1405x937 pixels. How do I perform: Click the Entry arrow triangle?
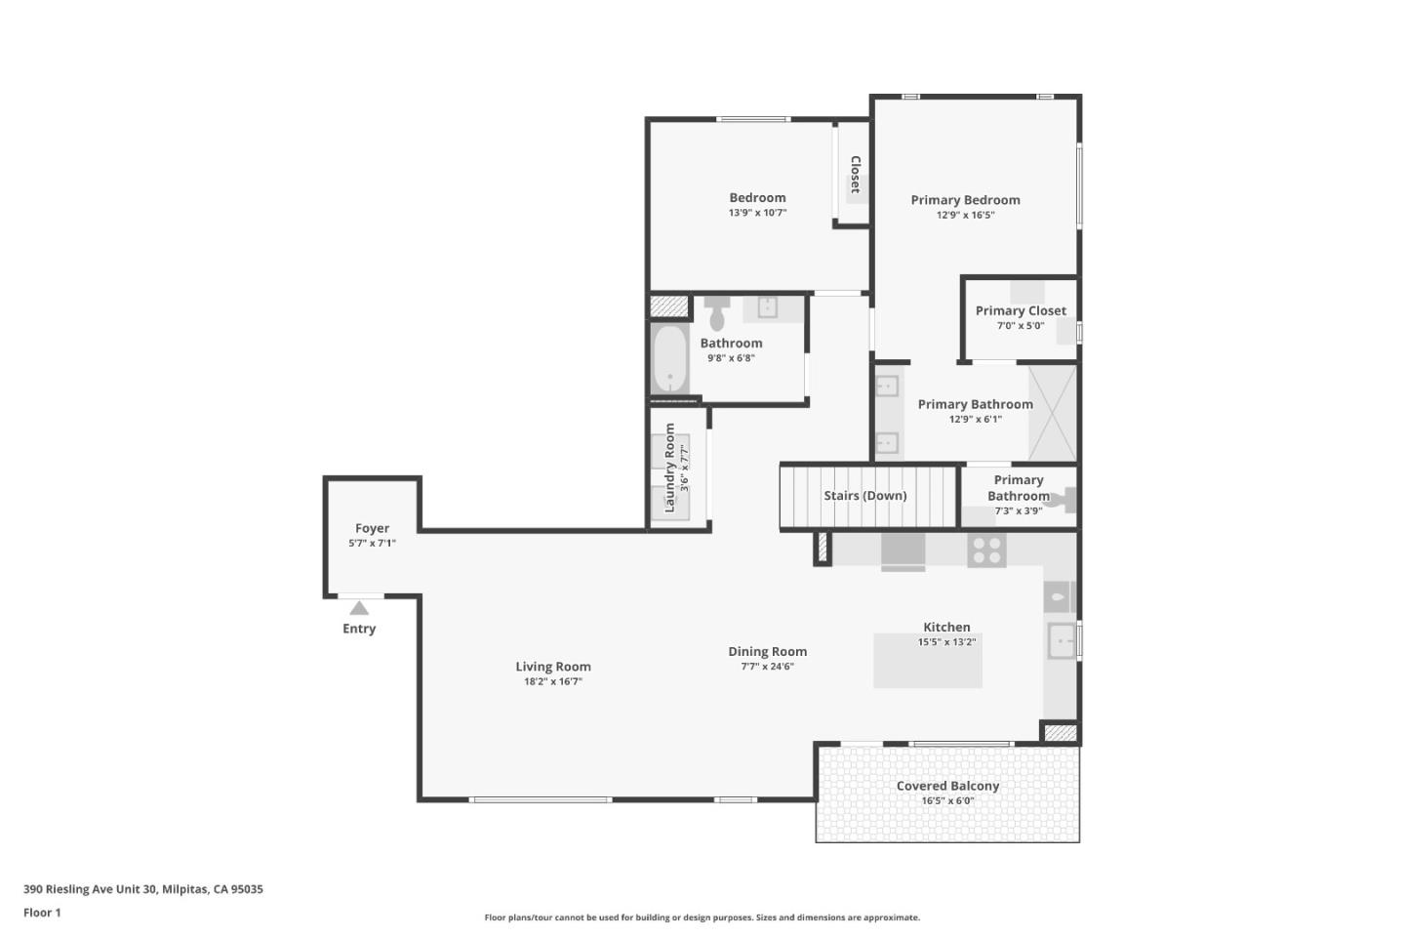359,608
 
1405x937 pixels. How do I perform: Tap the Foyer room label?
372,528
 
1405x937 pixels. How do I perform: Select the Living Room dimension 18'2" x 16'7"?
553,682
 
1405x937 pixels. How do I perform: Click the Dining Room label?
767,651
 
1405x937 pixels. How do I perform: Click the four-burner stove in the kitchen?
985,550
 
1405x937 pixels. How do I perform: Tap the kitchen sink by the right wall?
1061,641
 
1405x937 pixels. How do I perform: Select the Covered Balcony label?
947,786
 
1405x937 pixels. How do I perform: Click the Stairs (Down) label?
864,496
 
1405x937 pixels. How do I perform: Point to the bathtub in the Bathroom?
669,358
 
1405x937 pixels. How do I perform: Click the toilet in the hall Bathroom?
717,313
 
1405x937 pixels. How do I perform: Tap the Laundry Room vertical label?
669,468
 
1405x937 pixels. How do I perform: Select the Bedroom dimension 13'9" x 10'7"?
757,213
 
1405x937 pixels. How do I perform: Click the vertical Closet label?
856,175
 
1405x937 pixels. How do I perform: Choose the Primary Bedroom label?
965,200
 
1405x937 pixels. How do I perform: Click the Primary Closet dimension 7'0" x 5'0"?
1021,326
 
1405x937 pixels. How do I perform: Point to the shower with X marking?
1053,413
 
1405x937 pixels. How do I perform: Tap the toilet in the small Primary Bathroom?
1066,500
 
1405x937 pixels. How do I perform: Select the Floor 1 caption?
42,913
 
